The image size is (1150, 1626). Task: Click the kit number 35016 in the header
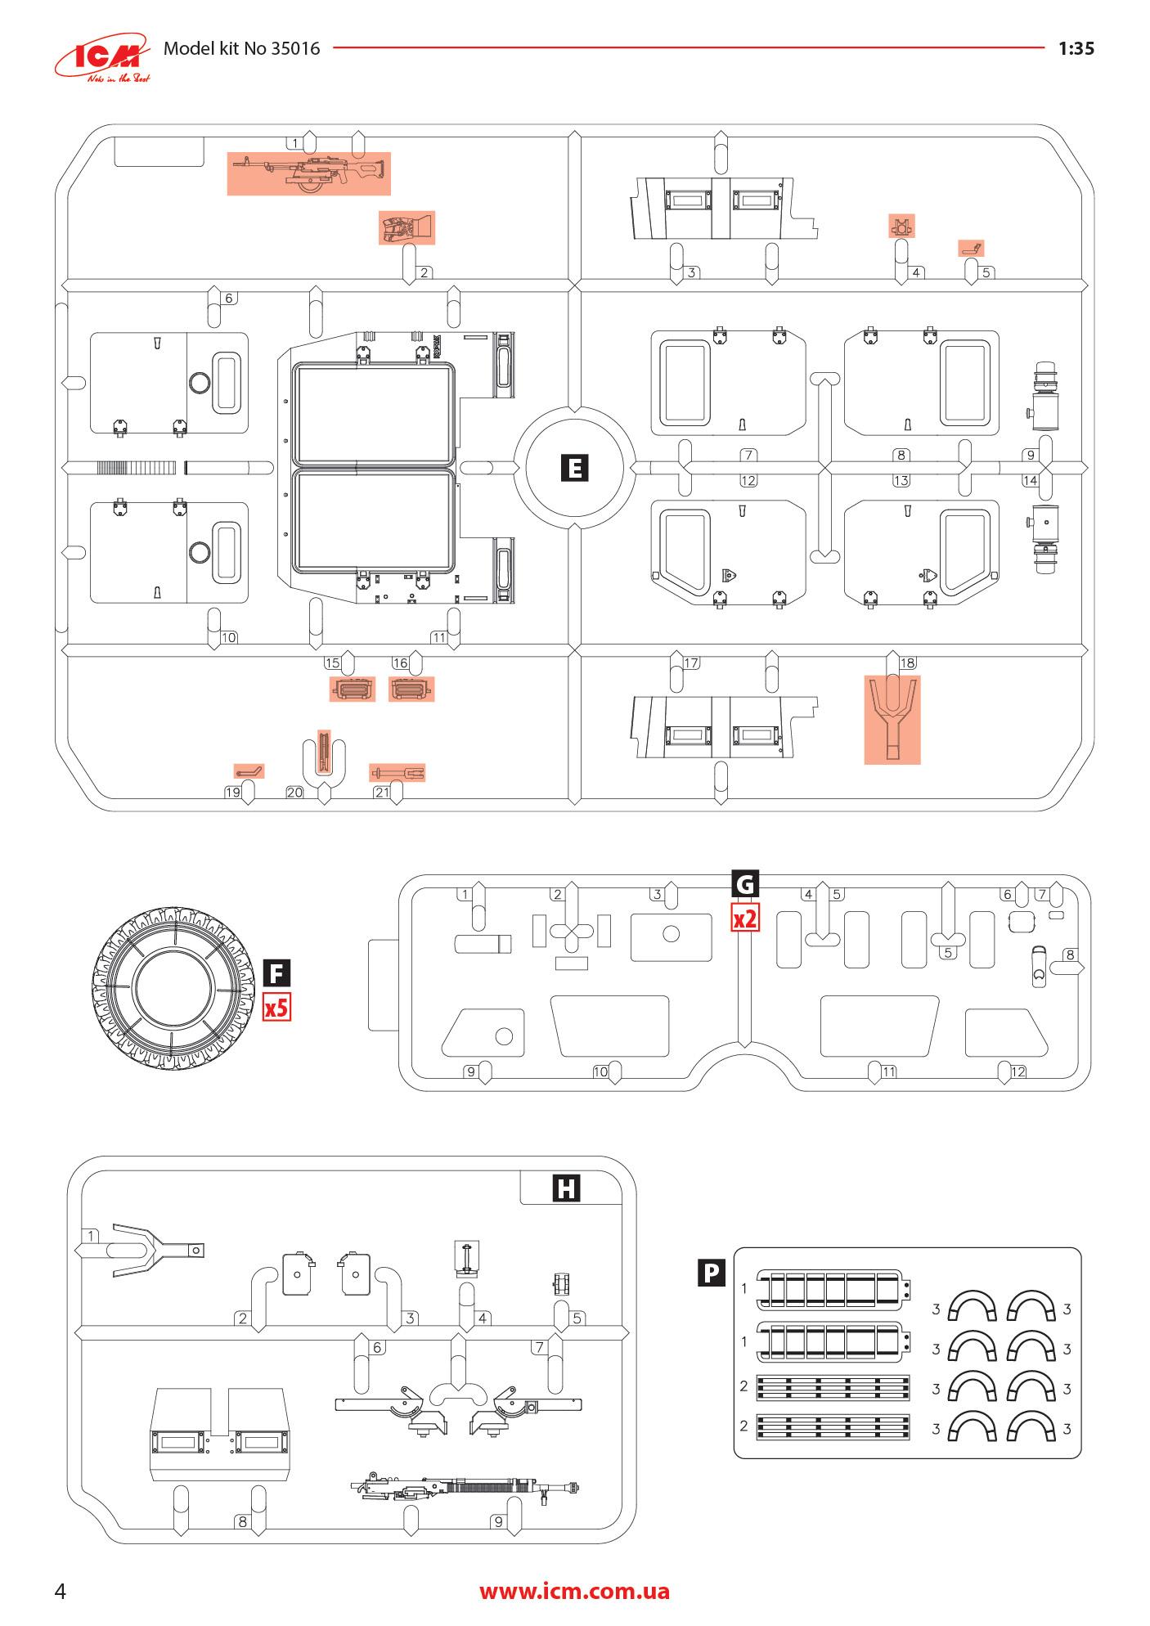click(x=295, y=48)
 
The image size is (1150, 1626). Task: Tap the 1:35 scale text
click(x=1076, y=48)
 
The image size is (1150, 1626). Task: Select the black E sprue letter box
click(x=576, y=468)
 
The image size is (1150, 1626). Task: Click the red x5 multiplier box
click(x=276, y=1007)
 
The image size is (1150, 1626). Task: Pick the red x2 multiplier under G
click(x=744, y=919)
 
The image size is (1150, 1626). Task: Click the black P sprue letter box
click(x=712, y=1273)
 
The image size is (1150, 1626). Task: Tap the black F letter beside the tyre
click(x=276, y=974)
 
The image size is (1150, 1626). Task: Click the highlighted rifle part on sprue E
click(x=308, y=173)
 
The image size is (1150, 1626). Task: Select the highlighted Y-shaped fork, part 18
click(x=892, y=719)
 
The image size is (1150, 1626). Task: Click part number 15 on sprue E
click(x=333, y=663)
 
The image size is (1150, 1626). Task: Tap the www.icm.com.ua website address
click(x=574, y=1591)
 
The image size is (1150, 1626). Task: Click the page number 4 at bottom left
click(x=60, y=1591)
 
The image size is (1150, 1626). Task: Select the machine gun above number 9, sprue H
click(x=465, y=1485)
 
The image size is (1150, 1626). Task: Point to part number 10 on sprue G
click(x=600, y=1071)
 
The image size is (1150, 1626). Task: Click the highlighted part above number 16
click(x=411, y=689)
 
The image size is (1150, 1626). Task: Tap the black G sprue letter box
click(x=745, y=884)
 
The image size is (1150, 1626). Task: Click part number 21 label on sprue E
click(x=382, y=792)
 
